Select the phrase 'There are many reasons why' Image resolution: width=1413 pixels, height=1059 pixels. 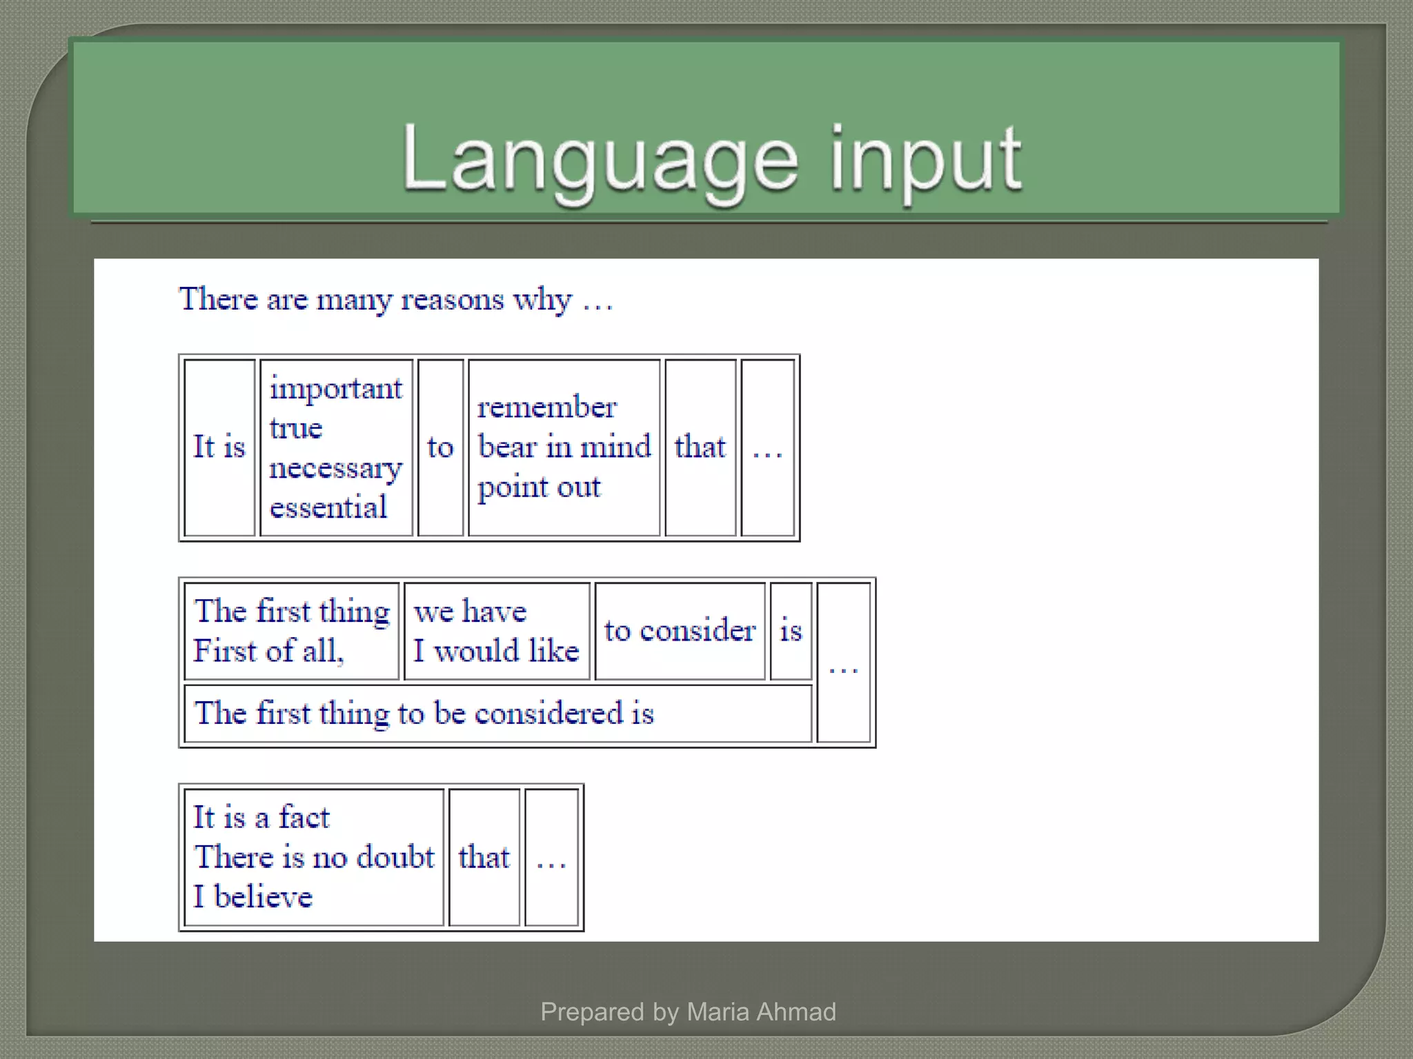376,299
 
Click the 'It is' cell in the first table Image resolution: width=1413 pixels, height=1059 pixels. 219,447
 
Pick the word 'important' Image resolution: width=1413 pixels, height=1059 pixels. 336,388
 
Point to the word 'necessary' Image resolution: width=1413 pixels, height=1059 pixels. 336,468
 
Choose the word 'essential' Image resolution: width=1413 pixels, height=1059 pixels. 328,507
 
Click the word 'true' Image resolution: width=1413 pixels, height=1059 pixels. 296,428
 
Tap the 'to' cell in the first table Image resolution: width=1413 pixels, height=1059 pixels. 440,447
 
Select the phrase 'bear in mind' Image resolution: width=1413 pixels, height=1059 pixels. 564,447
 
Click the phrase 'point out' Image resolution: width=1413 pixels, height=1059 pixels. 539,487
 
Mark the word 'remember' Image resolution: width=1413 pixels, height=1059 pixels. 546,407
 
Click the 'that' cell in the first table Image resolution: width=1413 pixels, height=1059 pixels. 700,447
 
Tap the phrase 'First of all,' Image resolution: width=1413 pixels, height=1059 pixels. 268,651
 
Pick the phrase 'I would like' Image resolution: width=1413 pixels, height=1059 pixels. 496,651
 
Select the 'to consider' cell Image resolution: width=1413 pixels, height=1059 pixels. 680,630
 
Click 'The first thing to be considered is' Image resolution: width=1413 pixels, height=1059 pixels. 424,713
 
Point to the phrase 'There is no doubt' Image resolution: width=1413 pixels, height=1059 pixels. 314,857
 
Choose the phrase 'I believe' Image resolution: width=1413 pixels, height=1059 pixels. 253,897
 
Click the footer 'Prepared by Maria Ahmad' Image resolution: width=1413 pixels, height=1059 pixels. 688,1011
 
